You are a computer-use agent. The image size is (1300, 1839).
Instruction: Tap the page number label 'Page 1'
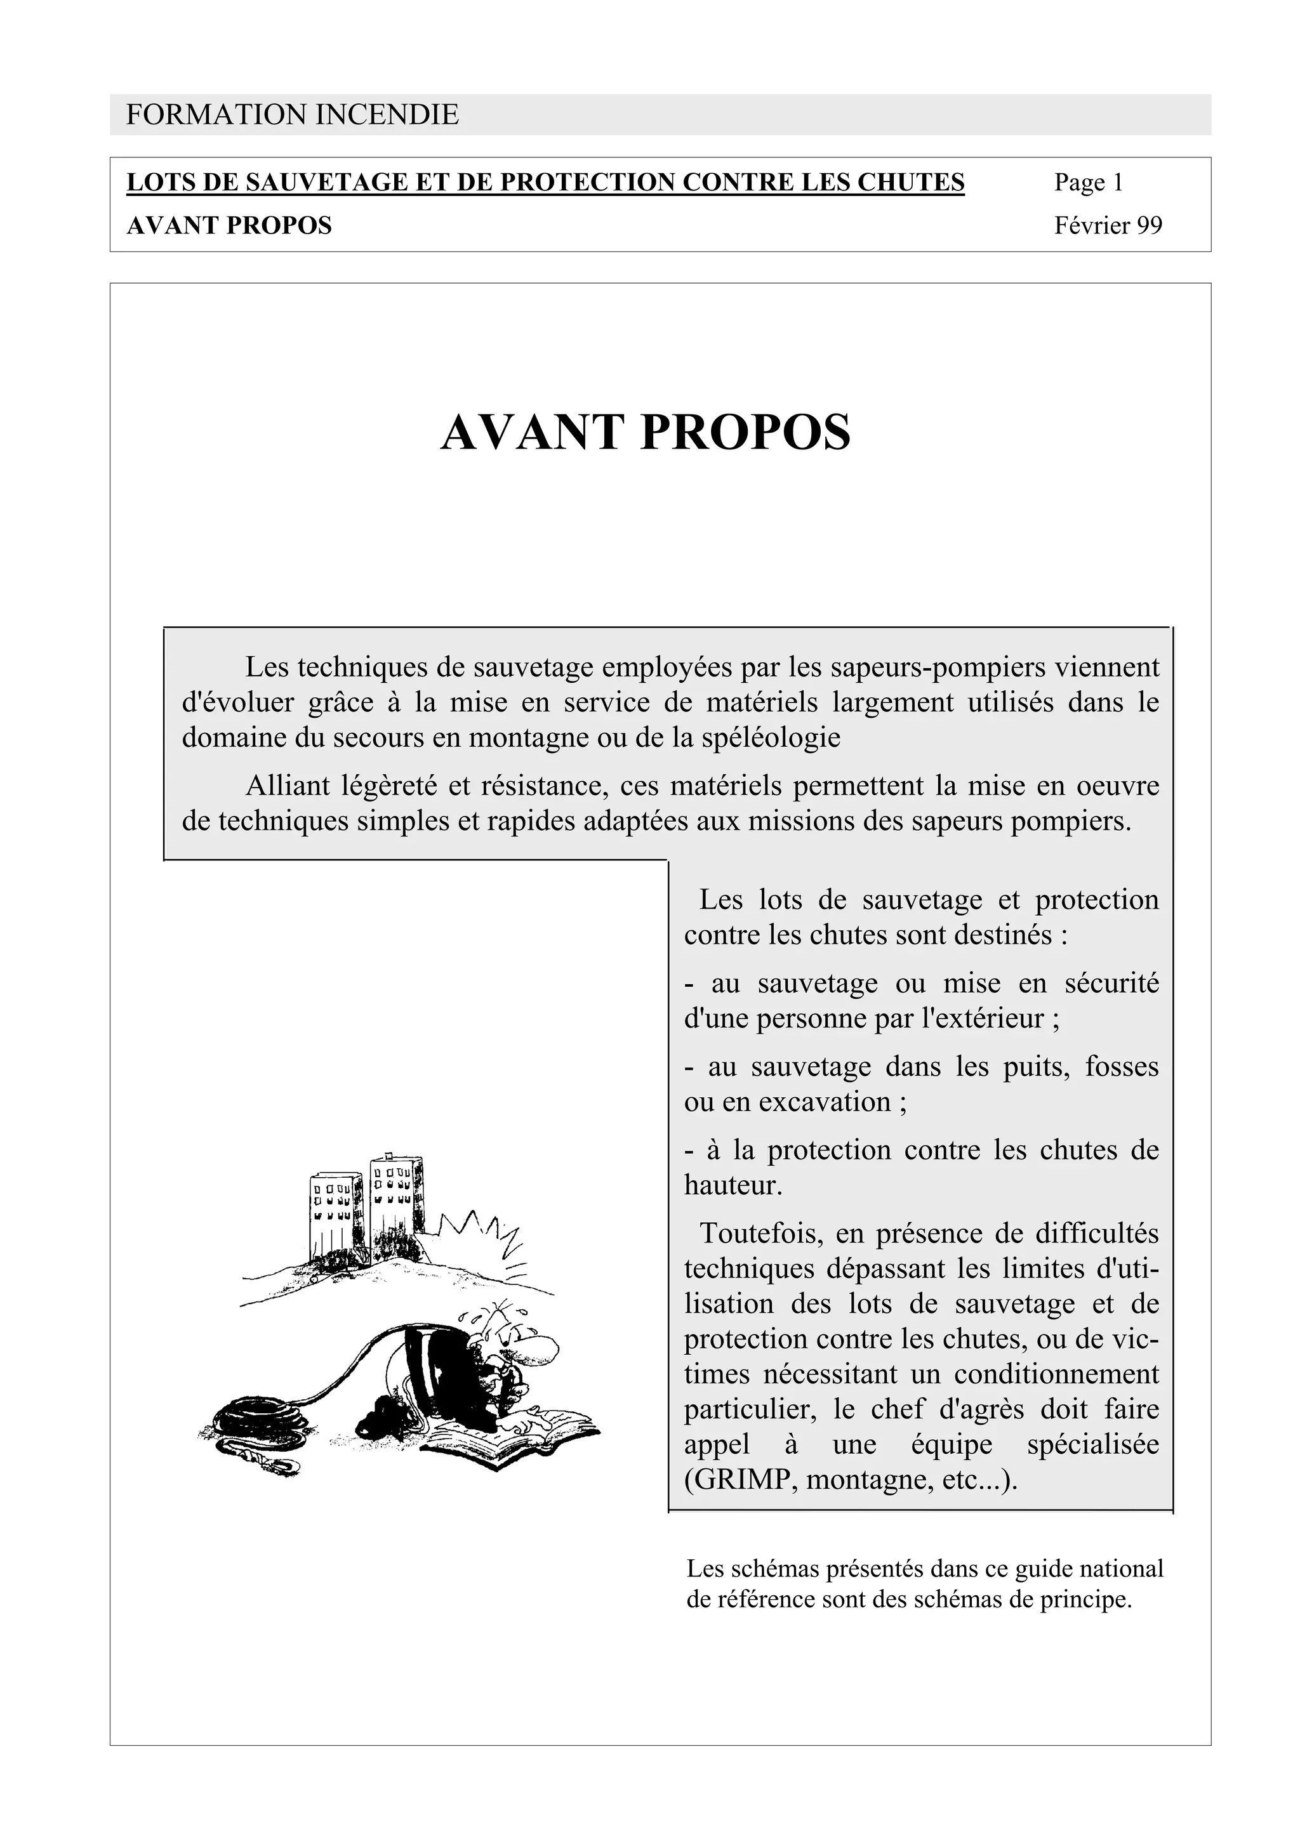(x=1088, y=183)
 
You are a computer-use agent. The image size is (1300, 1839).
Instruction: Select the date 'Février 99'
(x=1108, y=226)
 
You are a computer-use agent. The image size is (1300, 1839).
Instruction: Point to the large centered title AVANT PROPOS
(x=646, y=433)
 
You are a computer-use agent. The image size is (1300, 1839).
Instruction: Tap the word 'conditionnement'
(x=1056, y=1374)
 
